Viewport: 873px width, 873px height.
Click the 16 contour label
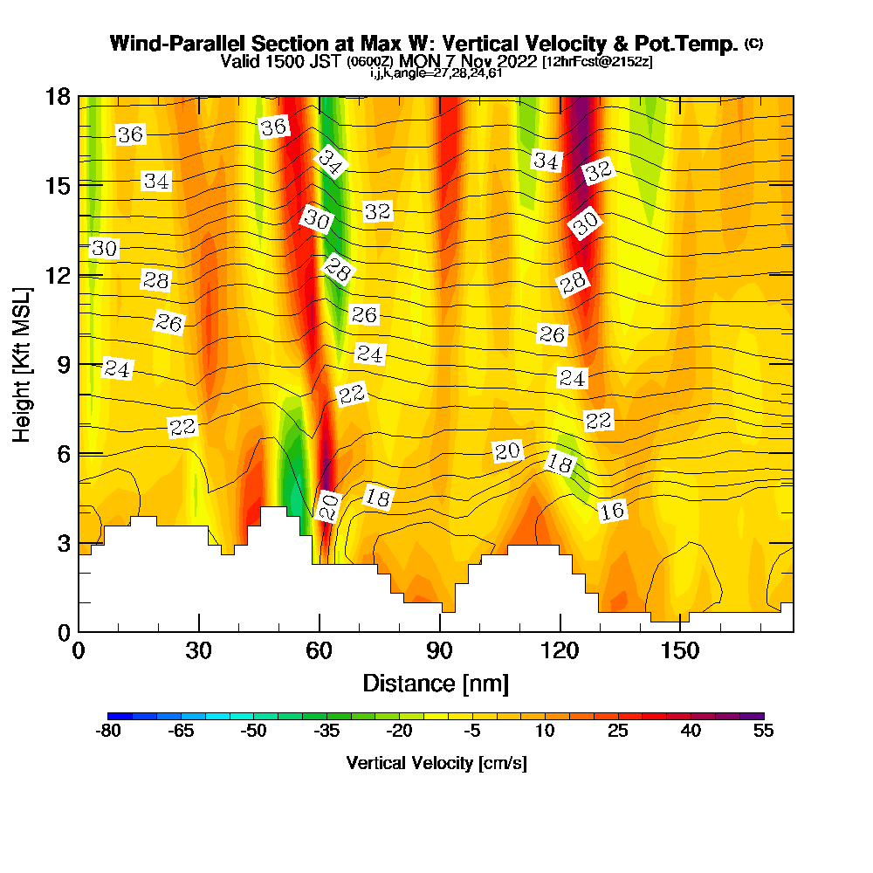click(613, 511)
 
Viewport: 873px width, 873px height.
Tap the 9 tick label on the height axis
click(63, 364)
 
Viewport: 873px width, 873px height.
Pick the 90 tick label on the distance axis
click(440, 651)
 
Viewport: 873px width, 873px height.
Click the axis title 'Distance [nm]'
click(436, 683)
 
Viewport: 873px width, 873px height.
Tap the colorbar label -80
click(107, 731)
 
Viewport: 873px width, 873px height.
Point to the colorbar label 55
click(764, 731)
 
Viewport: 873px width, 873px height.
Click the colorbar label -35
click(327, 731)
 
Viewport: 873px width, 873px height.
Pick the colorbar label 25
click(618, 731)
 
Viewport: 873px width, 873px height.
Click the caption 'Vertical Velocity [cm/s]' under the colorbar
click(436, 763)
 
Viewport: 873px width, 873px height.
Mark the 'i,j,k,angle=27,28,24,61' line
click(436, 73)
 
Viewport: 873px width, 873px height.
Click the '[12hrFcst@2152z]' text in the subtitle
click(597, 62)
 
